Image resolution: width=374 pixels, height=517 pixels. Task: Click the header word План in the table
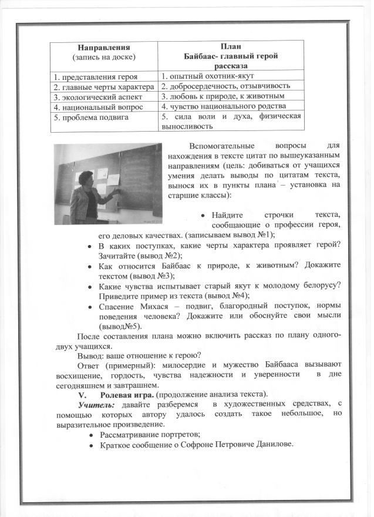(231, 46)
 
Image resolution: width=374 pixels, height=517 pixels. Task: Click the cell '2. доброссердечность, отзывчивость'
(219, 87)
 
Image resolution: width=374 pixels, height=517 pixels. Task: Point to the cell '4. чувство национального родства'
(224, 107)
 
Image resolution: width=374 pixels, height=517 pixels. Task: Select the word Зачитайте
(118, 255)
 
